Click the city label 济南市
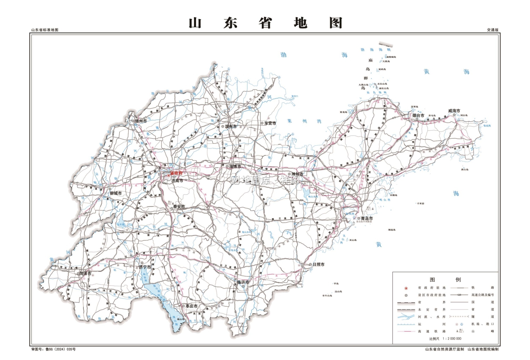[177, 181]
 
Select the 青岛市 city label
[367, 219]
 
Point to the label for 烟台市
[418, 116]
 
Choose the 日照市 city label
[318, 265]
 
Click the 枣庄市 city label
[192, 306]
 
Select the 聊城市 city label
[116, 193]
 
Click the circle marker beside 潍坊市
[289, 174]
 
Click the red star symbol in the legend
[406, 288]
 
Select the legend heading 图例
[445, 280]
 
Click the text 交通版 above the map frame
[493, 30]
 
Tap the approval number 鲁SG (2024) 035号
[53, 349]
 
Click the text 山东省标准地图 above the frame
[45, 30]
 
